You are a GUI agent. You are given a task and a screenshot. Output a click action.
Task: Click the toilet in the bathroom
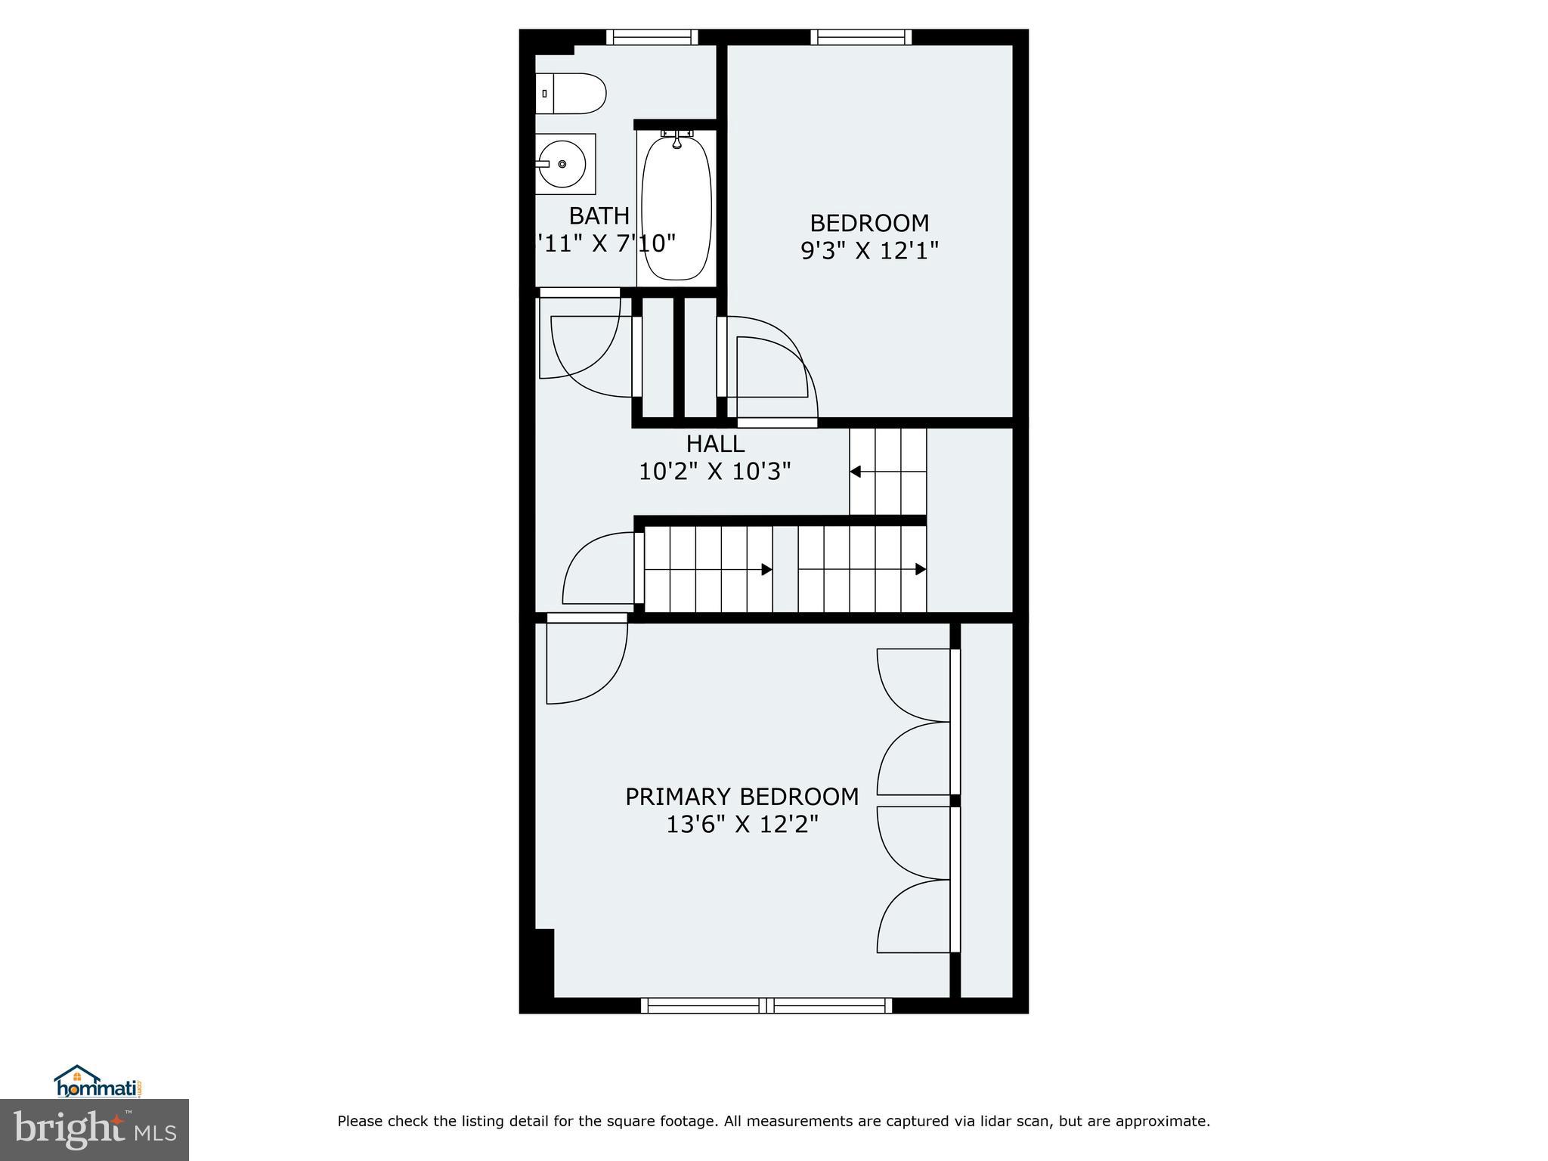571,94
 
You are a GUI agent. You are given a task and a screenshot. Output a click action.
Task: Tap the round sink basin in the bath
562,163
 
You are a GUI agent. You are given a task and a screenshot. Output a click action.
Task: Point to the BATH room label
599,216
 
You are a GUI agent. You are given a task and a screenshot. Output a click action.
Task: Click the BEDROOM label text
869,223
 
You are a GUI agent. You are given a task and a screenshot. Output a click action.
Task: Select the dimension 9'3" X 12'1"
869,251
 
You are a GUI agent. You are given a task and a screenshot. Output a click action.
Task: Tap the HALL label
715,444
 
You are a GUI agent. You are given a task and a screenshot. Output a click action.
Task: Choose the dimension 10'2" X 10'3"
715,472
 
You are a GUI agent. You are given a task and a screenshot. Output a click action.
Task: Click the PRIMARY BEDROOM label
741,797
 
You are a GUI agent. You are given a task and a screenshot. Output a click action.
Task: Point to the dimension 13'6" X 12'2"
741,825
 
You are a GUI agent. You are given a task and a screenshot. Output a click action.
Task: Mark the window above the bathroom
652,37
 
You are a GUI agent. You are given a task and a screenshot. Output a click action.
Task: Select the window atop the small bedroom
861,37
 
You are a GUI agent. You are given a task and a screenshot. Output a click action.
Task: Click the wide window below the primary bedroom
766,1005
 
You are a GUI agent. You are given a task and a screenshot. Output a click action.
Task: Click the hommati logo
98,1082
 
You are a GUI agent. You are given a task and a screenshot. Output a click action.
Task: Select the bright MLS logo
94,1129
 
